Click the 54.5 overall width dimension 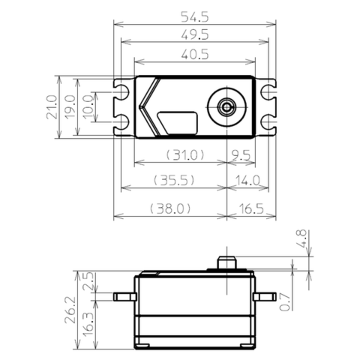point(195,17)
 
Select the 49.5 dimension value point(195,35)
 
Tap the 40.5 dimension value point(195,55)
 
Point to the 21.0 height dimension point(52,107)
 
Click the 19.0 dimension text point(70,107)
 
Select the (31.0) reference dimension point(185,155)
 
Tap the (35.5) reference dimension point(174,180)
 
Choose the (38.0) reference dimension point(170,208)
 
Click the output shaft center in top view point(227,107)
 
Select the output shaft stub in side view point(227,262)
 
